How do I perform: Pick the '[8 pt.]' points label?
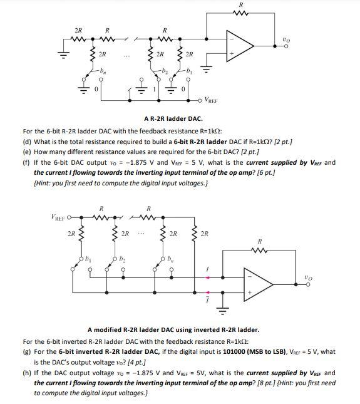tap(249, 383)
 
